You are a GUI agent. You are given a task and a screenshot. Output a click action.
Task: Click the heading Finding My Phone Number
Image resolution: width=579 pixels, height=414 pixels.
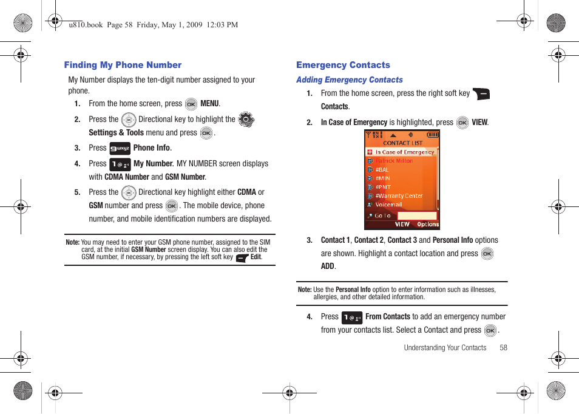[123, 65]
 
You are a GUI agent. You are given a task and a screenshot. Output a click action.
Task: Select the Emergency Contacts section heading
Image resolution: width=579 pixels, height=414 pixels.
[343, 65]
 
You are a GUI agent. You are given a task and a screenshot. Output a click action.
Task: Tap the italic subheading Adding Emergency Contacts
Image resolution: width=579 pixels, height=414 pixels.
[349, 80]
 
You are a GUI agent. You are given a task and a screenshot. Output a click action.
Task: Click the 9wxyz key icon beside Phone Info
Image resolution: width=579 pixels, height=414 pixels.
[120, 148]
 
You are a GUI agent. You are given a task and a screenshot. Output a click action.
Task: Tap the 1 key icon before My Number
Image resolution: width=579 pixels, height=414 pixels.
[120, 164]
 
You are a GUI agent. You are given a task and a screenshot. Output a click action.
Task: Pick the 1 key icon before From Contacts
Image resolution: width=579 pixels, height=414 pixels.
[352, 317]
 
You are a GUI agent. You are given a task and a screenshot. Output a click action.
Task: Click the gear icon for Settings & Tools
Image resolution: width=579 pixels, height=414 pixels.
[246, 120]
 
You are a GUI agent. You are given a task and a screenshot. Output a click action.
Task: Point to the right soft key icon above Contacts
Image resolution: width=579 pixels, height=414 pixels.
[481, 93]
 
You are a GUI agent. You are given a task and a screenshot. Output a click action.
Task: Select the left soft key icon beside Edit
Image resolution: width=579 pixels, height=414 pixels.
[242, 257]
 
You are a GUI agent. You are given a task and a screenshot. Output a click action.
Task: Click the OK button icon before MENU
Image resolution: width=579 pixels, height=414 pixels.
[191, 104]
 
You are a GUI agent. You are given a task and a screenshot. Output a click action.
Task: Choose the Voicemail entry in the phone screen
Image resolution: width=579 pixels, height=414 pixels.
[388, 205]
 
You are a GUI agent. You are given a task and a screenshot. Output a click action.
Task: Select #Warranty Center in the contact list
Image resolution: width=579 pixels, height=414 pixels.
[398, 196]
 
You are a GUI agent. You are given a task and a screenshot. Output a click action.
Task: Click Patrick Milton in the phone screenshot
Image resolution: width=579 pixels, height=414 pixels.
[394, 161]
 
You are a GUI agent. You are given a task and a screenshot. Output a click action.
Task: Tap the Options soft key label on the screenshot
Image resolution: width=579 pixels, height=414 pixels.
[428, 225]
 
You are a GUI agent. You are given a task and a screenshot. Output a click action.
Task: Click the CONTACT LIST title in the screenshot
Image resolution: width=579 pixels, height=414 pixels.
[402, 143]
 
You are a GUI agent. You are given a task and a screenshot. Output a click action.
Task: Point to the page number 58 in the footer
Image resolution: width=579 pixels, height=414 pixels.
[503, 348]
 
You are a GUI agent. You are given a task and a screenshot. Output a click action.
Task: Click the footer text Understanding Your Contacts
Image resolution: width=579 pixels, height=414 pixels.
[445, 348]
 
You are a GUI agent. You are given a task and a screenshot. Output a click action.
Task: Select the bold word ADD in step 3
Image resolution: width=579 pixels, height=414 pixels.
[328, 266]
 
